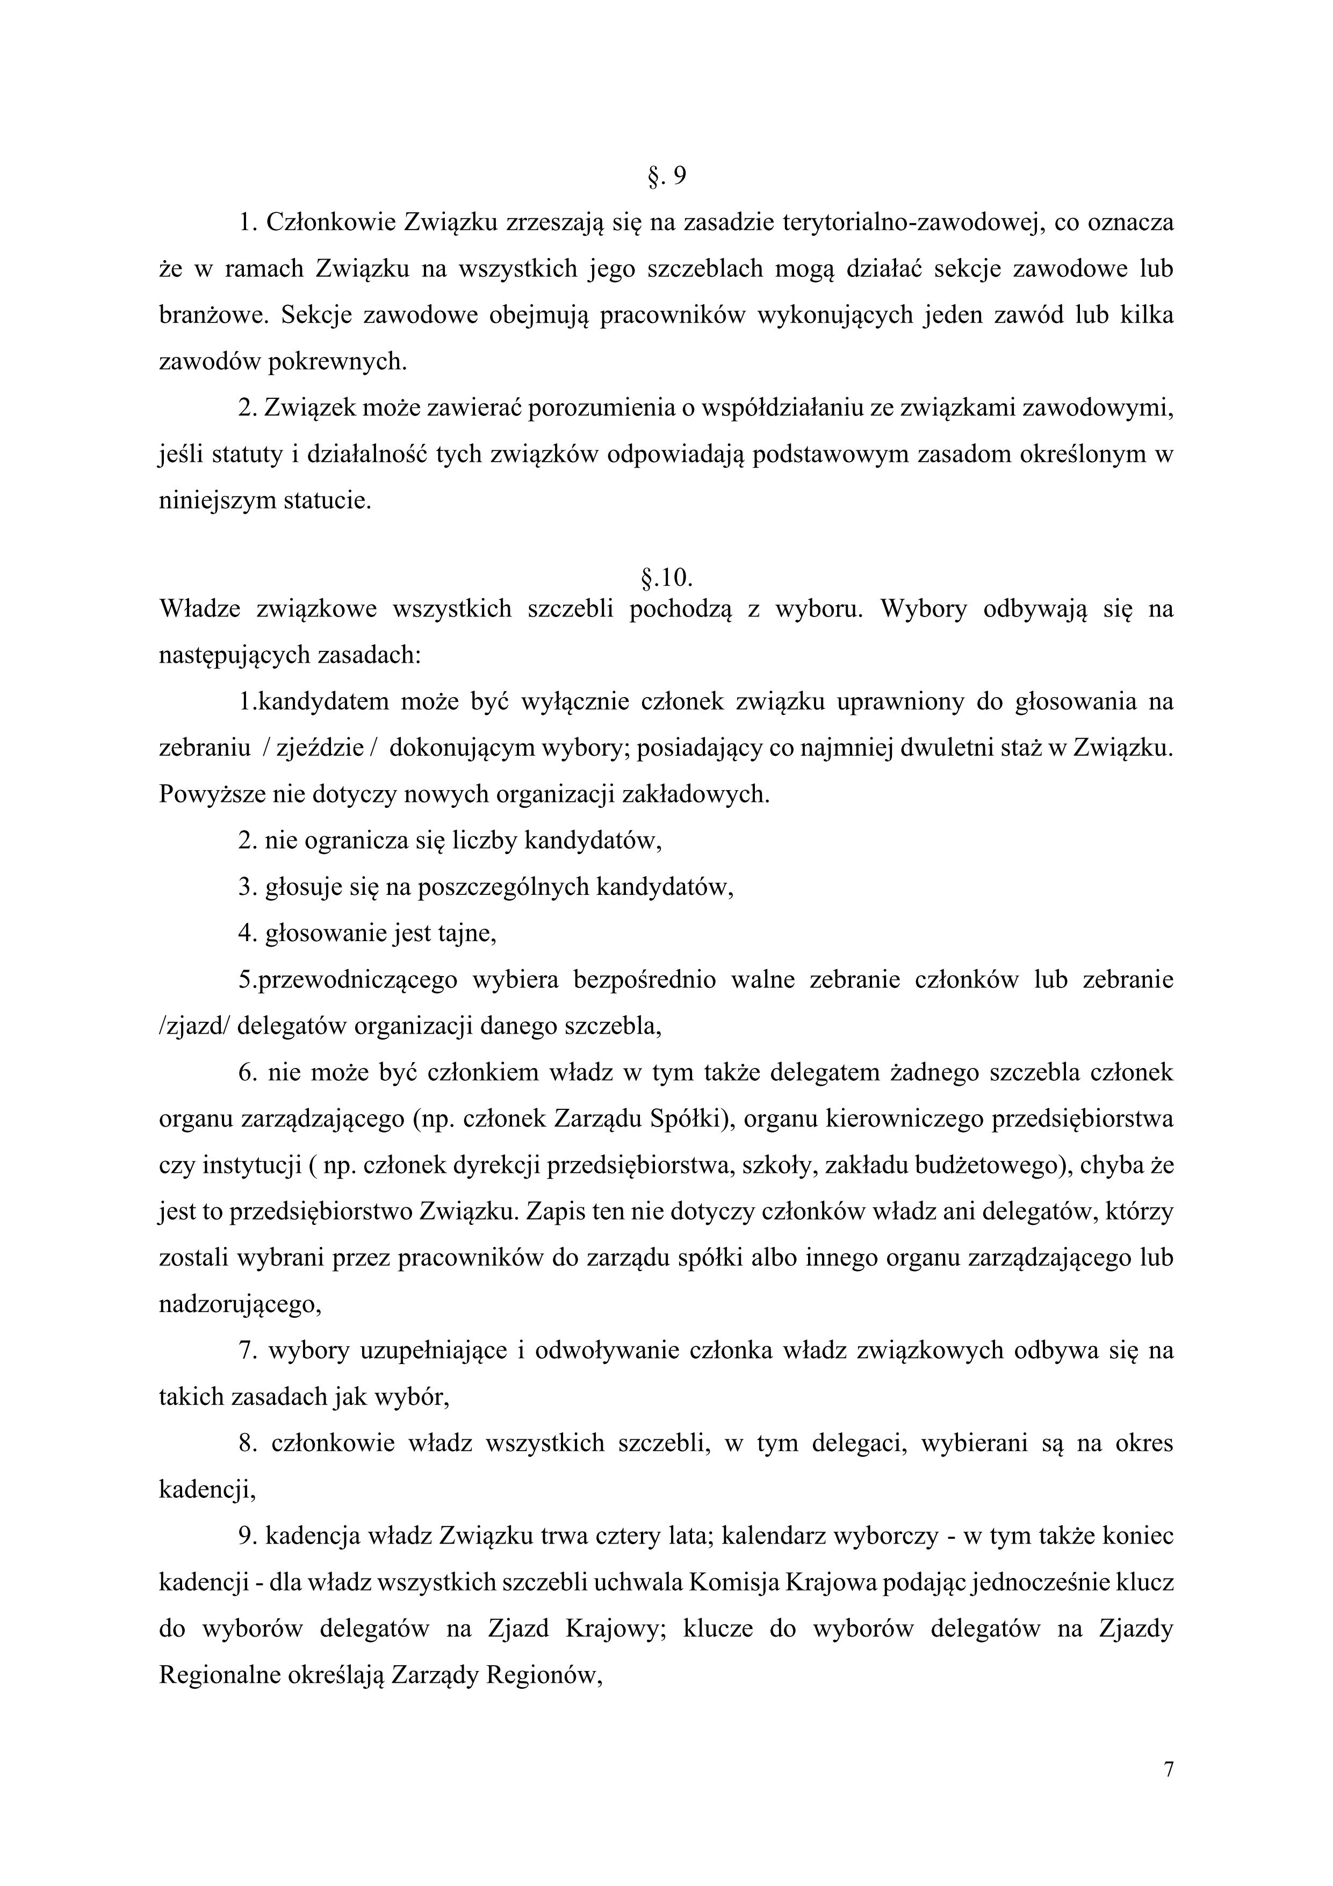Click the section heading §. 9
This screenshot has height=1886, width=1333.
coord(666,177)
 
